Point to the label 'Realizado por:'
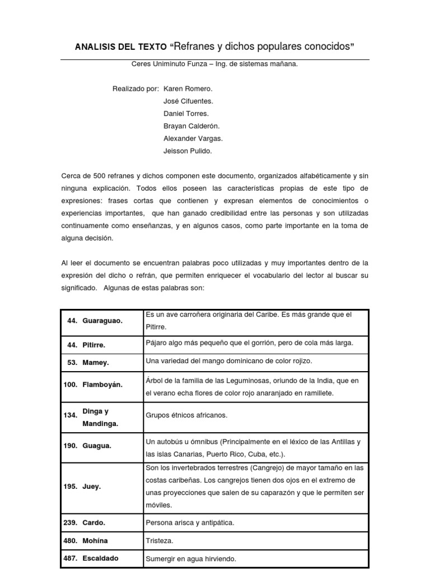point(135,89)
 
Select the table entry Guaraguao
point(102,321)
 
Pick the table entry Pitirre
point(95,345)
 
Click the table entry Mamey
point(95,363)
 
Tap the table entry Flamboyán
point(102,385)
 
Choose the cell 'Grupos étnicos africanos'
point(186,416)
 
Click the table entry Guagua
point(96,446)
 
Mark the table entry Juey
point(92,487)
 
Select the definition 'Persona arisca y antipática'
point(189,522)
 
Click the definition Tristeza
point(159,540)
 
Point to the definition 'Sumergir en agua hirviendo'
point(191,559)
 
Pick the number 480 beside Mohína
point(70,540)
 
